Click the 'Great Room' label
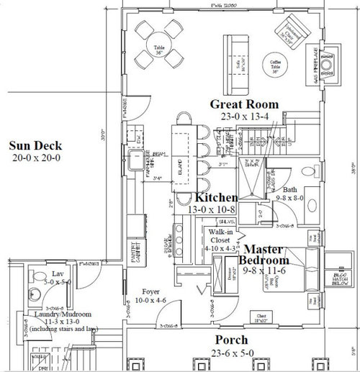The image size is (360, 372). coord(244,105)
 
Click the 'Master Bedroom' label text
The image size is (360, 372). coord(264,254)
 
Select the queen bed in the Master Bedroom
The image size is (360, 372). coord(282,281)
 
